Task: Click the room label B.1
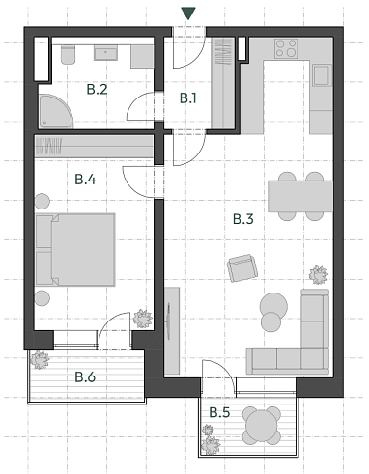[x=187, y=98]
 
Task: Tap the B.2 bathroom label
[x=97, y=89]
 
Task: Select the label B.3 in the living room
[x=243, y=219]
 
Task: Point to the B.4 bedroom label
[x=85, y=180]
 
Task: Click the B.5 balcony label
[x=219, y=412]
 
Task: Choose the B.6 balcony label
[x=85, y=376]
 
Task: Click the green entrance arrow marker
[x=188, y=14]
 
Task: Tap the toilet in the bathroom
[x=68, y=55]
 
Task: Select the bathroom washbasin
[x=105, y=53]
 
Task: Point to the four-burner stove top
[x=286, y=48]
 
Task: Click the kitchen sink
[x=323, y=75]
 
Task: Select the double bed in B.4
[x=75, y=249]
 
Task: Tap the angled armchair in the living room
[x=242, y=268]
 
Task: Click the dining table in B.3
[x=300, y=196]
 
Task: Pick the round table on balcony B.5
[x=261, y=426]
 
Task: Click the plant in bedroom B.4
[x=143, y=319]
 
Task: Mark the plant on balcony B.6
[x=40, y=359]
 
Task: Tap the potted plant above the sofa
[x=319, y=275]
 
